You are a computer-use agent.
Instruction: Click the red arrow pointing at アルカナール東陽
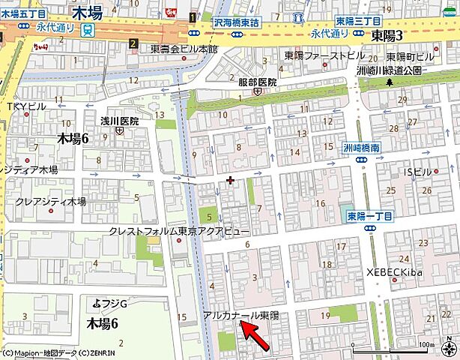[x=255, y=336]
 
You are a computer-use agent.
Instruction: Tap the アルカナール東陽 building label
[x=240, y=316]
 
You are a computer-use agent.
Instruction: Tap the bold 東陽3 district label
[x=388, y=35]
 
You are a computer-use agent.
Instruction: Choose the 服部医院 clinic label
[x=258, y=82]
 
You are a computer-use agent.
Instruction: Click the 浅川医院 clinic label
[x=120, y=121]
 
